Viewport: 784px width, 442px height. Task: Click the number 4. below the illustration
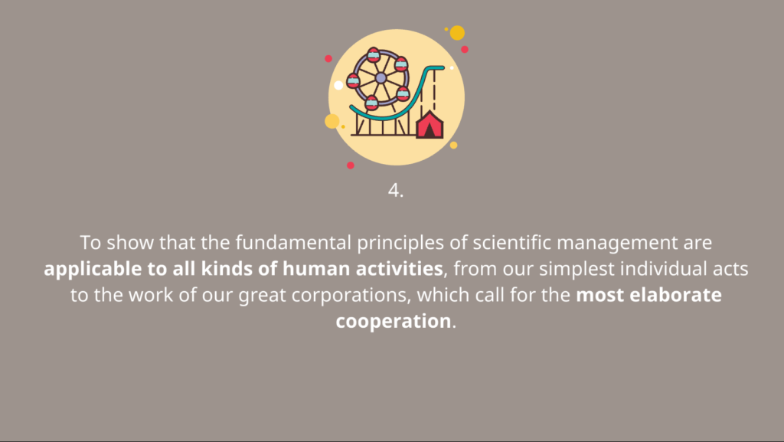click(396, 191)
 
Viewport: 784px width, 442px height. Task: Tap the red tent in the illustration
click(430, 125)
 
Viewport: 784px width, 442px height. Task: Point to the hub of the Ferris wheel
click(381, 78)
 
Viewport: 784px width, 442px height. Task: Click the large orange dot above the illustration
click(457, 33)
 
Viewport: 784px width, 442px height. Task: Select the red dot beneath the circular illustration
click(351, 165)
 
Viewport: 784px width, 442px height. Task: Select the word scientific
click(512, 243)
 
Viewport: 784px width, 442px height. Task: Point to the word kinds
click(226, 269)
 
